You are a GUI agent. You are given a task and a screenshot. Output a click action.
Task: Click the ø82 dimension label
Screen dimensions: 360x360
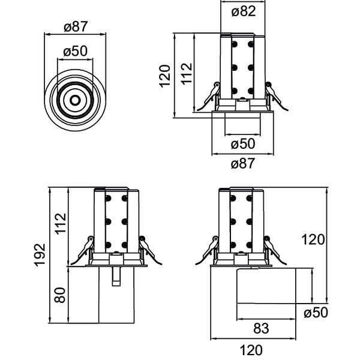(242, 10)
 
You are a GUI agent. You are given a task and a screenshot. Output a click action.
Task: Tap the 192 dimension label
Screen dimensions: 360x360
(40, 256)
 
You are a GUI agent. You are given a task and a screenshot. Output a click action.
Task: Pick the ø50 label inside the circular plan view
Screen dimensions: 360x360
(76, 52)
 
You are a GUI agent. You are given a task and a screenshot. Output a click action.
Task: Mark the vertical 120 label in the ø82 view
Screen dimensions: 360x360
(166, 76)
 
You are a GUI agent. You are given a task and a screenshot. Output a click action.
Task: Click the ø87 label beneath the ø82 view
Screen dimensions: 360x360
(242, 163)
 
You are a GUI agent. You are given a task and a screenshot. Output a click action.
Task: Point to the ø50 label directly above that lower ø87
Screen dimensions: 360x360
(242, 144)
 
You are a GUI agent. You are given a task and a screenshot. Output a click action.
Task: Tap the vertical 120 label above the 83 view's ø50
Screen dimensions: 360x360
(313, 240)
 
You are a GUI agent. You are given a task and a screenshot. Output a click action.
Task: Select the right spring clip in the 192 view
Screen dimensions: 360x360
(150, 250)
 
